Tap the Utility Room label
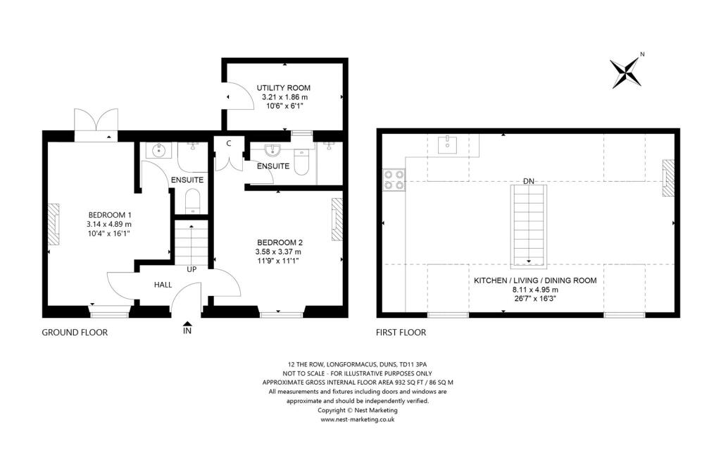[284, 88]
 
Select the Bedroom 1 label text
[109, 215]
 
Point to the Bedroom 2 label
[278, 242]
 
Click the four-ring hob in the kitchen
[393, 180]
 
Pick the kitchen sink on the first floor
[449, 145]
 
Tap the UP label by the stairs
[191, 269]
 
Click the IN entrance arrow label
[187, 330]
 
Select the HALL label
[163, 285]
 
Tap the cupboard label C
[229, 143]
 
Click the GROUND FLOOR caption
[75, 332]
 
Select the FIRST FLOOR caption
[401, 332]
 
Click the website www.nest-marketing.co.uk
[357, 419]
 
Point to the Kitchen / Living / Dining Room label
[534, 280]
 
